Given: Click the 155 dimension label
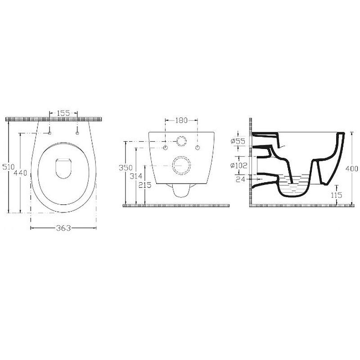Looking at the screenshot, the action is point(63,113).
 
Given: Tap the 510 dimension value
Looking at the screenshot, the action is point(9,167).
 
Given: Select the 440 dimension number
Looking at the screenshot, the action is point(20,172).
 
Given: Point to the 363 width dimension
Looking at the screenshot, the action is point(63,228).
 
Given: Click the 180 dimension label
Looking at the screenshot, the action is point(181,120).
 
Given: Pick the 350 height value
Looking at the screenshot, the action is point(126,167).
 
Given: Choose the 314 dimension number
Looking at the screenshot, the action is point(136,176).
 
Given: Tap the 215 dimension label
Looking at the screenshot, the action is point(145,185).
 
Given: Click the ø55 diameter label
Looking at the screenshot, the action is point(238,141).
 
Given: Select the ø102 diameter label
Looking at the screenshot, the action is point(239,165).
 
